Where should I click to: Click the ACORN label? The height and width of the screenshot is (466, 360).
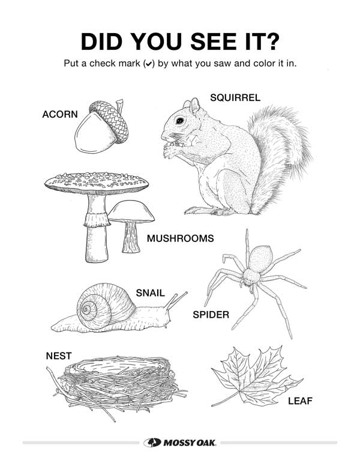[60, 114]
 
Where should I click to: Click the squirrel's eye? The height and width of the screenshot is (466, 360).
[180, 121]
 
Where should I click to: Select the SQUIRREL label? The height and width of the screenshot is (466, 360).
[235, 97]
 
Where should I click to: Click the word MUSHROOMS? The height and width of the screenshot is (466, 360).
[180, 238]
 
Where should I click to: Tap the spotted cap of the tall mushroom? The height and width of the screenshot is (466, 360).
[97, 183]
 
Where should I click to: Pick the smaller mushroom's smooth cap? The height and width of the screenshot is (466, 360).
[131, 211]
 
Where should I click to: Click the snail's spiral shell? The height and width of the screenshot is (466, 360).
[106, 306]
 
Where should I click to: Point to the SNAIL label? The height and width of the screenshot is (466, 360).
[150, 293]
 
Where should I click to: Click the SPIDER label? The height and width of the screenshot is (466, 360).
[211, 315]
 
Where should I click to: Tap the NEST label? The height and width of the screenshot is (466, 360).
[59, 356]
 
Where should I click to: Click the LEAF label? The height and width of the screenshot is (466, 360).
[300, 401]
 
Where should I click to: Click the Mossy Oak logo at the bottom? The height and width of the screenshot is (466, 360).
[180, 443]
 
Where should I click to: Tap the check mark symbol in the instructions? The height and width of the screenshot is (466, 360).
[149, 64]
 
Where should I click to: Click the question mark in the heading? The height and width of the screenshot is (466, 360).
[271, 41]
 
